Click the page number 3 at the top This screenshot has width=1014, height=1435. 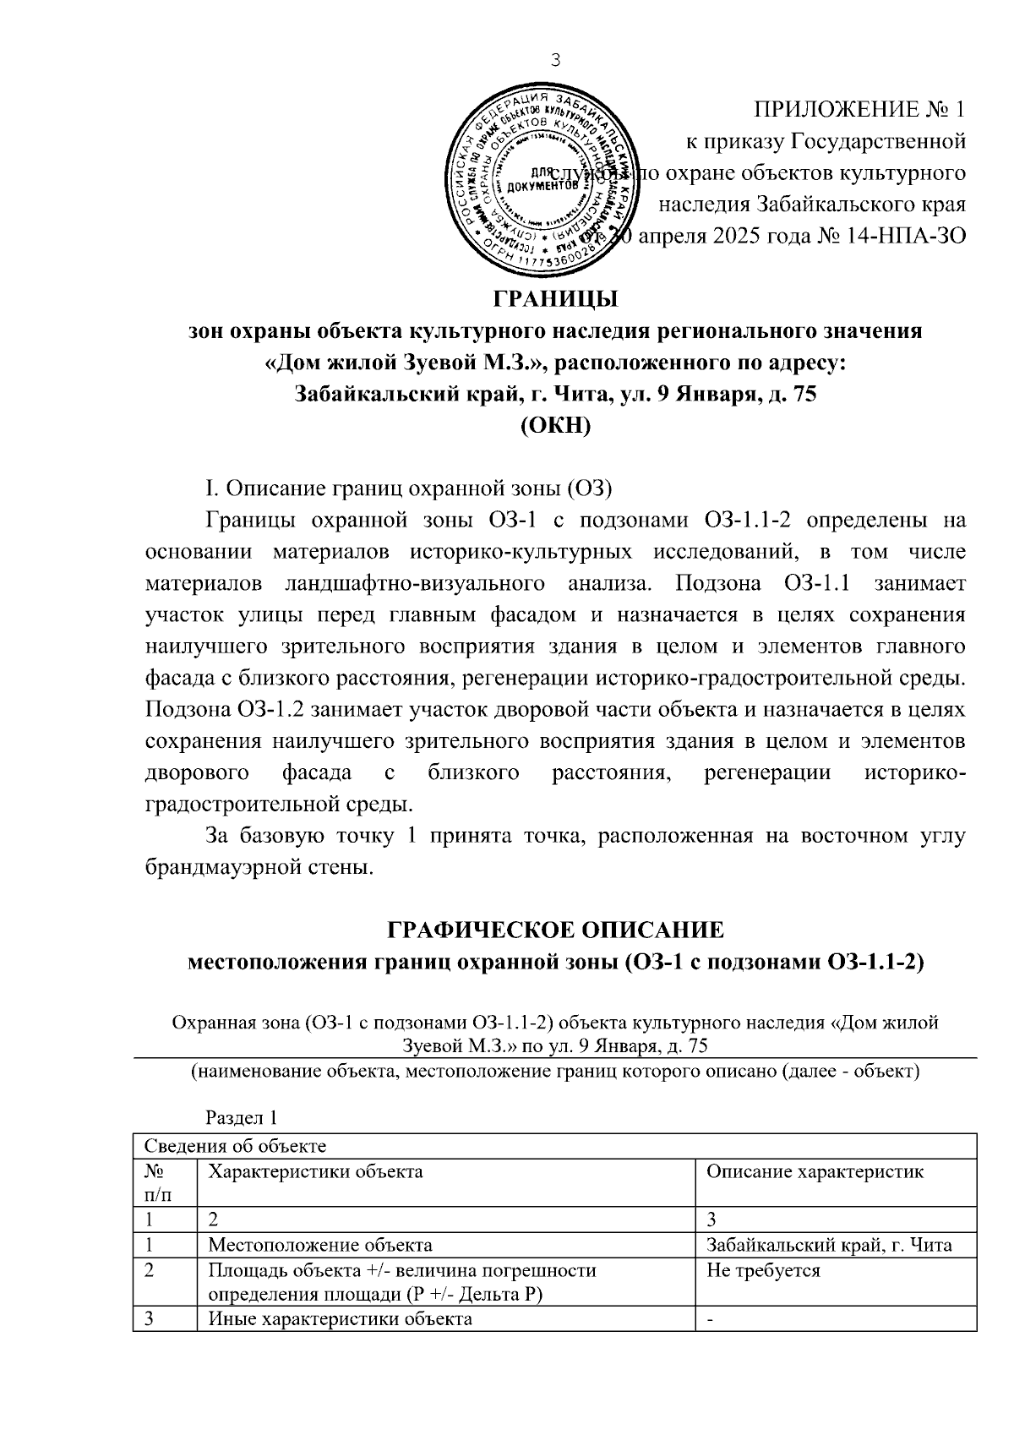[x=555, y=59]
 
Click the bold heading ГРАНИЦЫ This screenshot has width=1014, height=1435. [x=555, y=299]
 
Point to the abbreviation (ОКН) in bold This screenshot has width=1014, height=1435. [x=555, y=425]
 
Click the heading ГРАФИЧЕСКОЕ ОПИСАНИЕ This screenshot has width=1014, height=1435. [x=555, y=930]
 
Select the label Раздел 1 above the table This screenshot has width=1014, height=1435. [x=242, y=1117]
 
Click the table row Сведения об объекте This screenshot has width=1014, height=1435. [x=236, y=1146]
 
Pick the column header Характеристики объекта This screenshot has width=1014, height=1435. [x=315, y=1171]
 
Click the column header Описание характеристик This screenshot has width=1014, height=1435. [x=815, y=1171]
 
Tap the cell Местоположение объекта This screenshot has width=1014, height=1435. [x=320, y=1245]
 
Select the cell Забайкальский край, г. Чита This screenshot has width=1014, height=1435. [x=829, y=1245]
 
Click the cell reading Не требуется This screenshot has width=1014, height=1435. [x=762, y=1270]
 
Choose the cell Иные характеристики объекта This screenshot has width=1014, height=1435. [x=340, y=1319]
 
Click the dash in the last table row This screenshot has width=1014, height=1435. [x=710, y=1320]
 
